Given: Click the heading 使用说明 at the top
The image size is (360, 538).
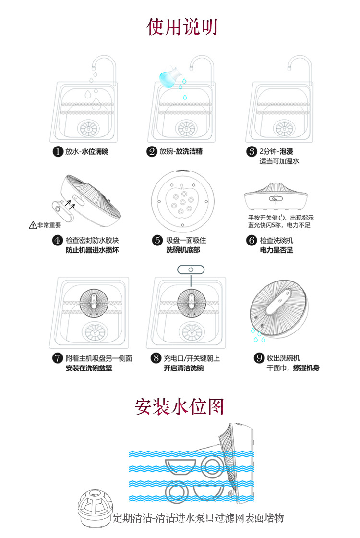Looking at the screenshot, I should [182, 27].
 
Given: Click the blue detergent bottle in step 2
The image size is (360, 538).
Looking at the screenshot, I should [168, 77].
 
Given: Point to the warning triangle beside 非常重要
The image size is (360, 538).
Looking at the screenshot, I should [33, 224].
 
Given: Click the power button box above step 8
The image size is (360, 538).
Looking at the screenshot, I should [191, 269].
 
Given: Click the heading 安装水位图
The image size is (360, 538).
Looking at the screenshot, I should [180, 407].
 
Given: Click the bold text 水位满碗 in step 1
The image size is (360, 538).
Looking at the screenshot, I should [95, 152].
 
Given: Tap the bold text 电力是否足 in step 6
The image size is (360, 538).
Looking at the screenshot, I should [276, 250].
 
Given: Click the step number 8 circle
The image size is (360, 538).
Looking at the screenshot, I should [156, 358].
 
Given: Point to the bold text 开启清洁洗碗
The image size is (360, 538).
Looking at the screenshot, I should [183, 368].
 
